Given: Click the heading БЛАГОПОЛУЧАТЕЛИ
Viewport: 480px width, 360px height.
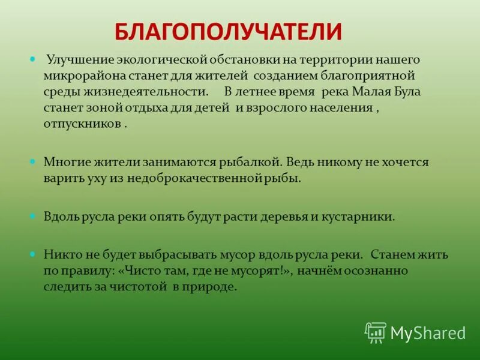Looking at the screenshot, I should (228, 31).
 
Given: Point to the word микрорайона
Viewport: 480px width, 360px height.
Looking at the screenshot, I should (79, 76).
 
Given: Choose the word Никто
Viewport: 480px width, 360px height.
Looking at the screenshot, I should (59, 254).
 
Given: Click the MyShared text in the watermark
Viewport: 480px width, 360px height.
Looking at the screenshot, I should (428, 333).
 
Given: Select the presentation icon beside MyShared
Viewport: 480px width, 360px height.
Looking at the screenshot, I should (376, 332).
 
